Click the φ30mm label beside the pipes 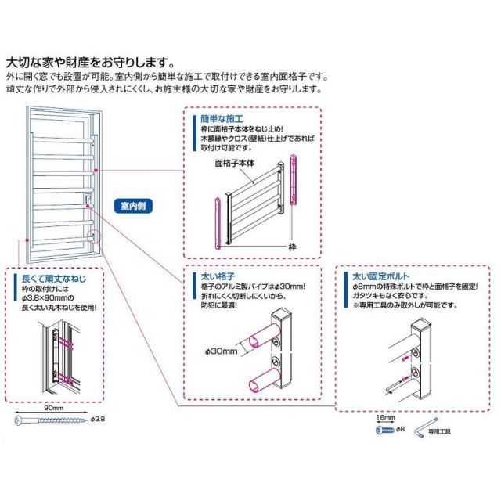(223, 352)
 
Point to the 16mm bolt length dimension (386, 420)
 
